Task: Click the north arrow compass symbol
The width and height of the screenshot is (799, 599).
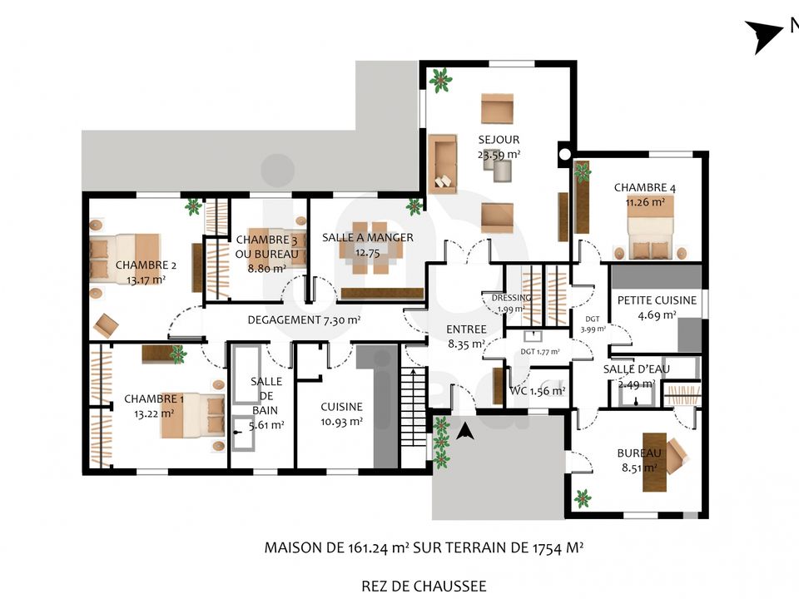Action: pyautogui.click(x=764, y=35)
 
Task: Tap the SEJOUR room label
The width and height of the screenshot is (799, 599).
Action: pyautogui.click(x=499, y=140)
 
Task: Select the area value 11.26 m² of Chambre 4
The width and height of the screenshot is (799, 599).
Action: pyautogui.click(x=645, y=202)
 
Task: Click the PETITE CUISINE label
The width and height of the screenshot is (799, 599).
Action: pyautogui.click(x=657, y=300)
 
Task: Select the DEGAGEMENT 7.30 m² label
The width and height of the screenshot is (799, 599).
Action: pyautogui.click(x=305, y=320)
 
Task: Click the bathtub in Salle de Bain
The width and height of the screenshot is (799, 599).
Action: pyautogui.click(x=247, y=374)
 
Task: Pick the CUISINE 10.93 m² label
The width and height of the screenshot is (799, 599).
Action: pyautogui.click(x=341, y=414)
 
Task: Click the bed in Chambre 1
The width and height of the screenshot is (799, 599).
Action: pyautogui.click(x=192, y=416)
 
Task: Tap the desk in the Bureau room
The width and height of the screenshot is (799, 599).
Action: pyautogui.click(x=654, y=462)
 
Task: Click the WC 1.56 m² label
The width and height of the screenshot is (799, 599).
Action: pyautogui.click(x=537, y=391)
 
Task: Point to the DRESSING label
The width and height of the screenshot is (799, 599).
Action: pyautogui.click(x=511, y=298)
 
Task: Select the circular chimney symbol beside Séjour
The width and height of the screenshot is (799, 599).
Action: pyautogui.click(x=564, y=154)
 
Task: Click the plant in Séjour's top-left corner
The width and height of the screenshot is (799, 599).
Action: pyautogui.click(x=440, y=80)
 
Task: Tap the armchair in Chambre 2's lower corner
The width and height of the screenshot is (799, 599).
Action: pyautogui.click(x=106, y=325)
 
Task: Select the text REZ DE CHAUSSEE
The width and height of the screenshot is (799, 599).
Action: pyautogui.click(x=424, y=587)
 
